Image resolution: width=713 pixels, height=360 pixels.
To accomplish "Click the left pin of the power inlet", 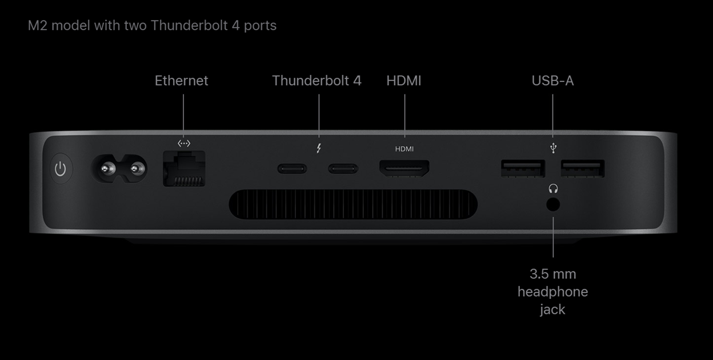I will point(106,169).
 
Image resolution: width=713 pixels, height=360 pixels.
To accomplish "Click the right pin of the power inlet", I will point(135,169).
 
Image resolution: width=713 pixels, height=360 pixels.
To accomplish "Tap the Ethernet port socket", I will point(184,169).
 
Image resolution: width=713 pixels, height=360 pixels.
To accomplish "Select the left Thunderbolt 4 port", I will point(292,169).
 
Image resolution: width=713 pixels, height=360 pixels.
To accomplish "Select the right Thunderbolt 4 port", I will point(343,169).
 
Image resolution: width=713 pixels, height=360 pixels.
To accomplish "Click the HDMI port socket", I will point(404,168).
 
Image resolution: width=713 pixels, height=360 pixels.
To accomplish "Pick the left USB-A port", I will point(522,169).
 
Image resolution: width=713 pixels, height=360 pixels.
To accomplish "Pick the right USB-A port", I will point(582,169).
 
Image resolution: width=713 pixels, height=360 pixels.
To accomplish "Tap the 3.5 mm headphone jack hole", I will point(552,205).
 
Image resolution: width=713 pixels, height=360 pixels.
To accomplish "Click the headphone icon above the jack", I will point(552,188).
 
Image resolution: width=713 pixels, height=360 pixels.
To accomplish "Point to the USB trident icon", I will point(552,149).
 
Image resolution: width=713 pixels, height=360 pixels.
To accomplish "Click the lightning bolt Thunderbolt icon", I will point(319,149).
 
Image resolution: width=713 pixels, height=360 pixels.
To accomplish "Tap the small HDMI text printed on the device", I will point(404,149).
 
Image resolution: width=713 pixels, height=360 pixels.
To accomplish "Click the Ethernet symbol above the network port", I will point(184,143).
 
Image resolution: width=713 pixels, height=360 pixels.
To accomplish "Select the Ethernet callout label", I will point(182,81).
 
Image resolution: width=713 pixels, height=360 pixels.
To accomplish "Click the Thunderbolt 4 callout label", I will point(317,81).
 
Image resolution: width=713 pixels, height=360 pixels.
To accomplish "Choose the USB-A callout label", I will point(552,81).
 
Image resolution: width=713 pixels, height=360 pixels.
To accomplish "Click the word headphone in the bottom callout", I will point(552,291).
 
